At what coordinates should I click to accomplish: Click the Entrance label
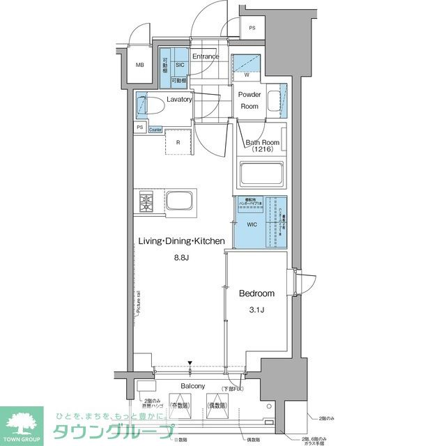[206, 56]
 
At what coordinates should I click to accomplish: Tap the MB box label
[140, 66]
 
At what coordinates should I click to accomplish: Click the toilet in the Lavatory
[153, 105]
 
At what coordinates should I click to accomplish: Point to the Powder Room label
[249, 100]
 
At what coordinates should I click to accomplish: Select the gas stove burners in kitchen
[147, 203]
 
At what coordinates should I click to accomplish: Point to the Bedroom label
[256, 293]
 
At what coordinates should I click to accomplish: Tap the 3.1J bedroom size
[256, 309]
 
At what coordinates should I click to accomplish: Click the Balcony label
[192, 386]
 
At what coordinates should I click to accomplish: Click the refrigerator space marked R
[178, 142]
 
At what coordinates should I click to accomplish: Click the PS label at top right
[252, 28]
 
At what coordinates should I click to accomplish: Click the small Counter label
[155, 129]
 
